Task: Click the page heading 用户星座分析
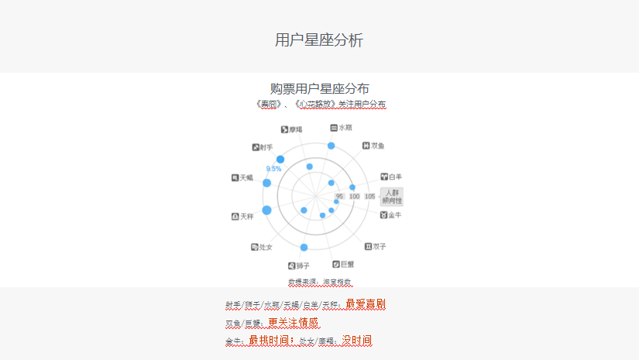tap(319, 40)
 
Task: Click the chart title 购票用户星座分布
tap(319, 89)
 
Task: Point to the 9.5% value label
tap(273, 169)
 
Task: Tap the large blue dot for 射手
tap(280, 159)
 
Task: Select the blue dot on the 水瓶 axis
tap(332, 146)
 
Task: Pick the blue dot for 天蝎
tap(266, 183)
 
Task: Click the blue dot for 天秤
tap(266, 211)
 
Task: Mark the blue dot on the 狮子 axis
tap(304, 248)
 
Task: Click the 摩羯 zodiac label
tap(292, 129)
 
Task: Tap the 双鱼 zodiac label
tap(373, 146)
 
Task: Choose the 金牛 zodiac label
tap(391, 214)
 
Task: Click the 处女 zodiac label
tap(262, 247)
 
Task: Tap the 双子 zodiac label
tap(375, 246)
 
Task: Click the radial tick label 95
tap(340, 197)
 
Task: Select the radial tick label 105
tap(370, 197)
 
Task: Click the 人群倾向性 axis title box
tap(393, 197)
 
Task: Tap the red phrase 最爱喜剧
tap(366, 304)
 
